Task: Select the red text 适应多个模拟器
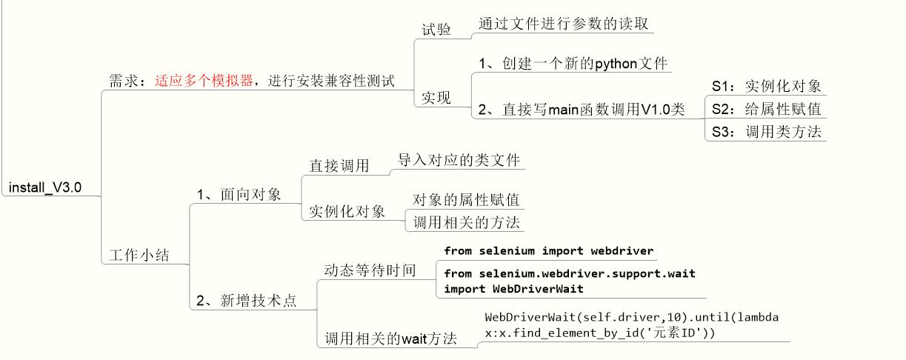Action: (x=204, y=81)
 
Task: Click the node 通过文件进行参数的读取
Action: (x=562, y=23)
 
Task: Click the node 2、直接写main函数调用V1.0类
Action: (x=580, y=109)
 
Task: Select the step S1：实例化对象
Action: (x=766, y=85)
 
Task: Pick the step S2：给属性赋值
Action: (x=766, y=109)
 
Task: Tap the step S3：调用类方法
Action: (x=766, y=132)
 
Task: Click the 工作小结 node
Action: (x=139, y=256)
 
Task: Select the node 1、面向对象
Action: (x=239, y=195)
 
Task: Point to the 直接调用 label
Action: (x=339, y=166)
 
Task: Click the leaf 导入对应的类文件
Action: (x=459, y=160)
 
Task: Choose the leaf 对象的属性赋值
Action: (x=466, y=200)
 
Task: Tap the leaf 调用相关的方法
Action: (x=466, y=221)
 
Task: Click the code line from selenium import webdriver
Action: (x=548, y=251)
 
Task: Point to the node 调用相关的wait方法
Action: (x=390, y=339)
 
